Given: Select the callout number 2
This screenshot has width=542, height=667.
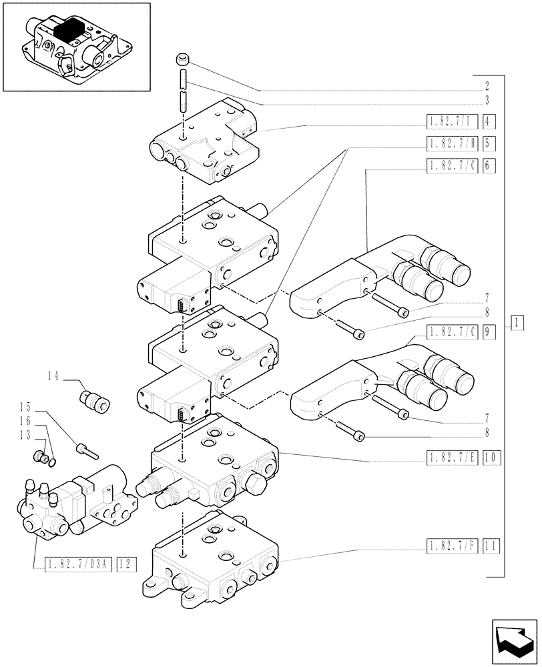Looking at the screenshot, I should coord(487,87).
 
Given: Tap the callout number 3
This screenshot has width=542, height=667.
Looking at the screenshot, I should coord(487,101).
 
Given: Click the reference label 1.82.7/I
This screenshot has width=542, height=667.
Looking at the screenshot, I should coord(451,121).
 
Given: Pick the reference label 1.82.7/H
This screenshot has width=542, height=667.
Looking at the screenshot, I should coord(451,142).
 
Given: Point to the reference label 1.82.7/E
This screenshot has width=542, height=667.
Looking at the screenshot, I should coord(451,457).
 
